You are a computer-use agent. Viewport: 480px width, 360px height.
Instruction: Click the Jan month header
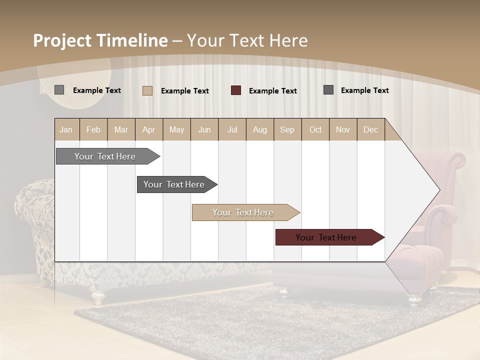click(66, 129)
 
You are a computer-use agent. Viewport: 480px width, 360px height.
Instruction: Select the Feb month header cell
click(93, 129)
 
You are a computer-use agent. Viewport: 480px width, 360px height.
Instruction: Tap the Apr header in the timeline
click(149, 129)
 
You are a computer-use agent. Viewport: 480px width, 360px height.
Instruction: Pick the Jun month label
click(204, 129)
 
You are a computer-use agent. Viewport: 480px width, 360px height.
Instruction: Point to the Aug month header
click(260, 129)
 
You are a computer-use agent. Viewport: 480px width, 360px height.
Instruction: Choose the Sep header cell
click(287, 129)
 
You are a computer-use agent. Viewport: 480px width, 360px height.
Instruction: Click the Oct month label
click(315, 129)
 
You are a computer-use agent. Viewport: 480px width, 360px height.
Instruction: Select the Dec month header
click(371, 129)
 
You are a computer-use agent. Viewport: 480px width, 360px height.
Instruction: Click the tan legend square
click(147, 90)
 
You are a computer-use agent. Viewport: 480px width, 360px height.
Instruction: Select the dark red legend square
click(236, 90)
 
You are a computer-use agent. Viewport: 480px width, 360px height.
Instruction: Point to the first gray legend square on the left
click(59, 90)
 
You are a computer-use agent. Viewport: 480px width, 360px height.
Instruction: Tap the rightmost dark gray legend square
click(328, 90)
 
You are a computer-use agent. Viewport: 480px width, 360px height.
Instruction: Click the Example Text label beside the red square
click(273, 91)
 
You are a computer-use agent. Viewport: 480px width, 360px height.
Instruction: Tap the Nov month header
click(343, 129)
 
